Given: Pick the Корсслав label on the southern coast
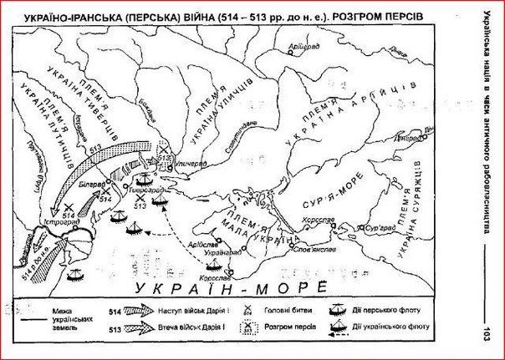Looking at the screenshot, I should [x=215, y=274].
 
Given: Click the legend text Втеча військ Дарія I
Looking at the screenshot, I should [x=171, y=329].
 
